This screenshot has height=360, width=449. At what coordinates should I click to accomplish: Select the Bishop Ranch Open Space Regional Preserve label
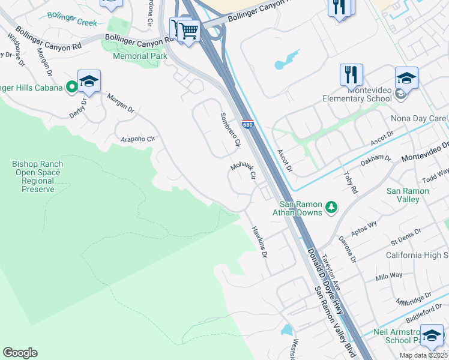[38, 176]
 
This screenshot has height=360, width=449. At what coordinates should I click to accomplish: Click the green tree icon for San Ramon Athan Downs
[331, 208]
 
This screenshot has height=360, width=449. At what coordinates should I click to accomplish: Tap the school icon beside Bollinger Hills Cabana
[89, 82]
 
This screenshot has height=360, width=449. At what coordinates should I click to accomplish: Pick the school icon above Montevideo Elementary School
[406, 79]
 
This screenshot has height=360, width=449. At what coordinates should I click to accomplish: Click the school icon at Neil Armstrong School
[432, 336]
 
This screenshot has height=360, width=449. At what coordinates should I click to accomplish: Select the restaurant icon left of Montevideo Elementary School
[351, 75]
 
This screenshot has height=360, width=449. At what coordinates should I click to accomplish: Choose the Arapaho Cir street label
[137, 137]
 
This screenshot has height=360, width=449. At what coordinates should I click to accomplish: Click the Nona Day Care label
[418, 118]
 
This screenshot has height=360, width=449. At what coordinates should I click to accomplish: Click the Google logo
[20, 353]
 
